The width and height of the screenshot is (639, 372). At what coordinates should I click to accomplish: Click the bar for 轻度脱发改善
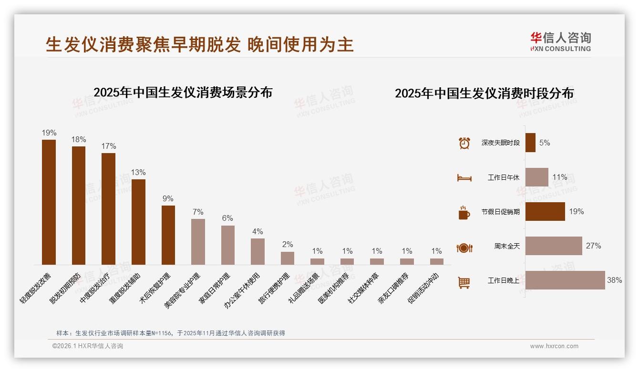coord(49,202)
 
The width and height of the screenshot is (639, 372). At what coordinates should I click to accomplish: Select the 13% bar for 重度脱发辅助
coord(138,222)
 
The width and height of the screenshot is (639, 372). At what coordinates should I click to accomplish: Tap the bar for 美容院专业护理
coord(198,242)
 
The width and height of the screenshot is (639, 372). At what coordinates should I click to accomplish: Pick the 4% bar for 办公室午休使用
coord(258,251)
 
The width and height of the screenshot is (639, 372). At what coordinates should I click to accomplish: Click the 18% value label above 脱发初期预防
coord(79,140)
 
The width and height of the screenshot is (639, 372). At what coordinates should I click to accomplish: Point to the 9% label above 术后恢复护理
coord(168,199)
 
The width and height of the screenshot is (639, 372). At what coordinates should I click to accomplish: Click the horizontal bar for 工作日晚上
coord(565,280)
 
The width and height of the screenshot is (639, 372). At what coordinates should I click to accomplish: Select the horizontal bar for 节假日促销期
coord(545,212)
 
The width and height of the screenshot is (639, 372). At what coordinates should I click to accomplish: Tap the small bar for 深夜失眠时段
coord(530,143)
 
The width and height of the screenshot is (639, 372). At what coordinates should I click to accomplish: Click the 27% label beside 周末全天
coord(593,246)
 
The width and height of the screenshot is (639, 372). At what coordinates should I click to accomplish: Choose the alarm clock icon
coord(464,143)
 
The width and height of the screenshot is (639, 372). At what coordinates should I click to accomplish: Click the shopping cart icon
coord(464,282)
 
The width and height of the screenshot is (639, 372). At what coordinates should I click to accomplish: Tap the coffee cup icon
coord(464,212)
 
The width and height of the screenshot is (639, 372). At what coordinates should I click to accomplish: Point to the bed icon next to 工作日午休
coord(464,178)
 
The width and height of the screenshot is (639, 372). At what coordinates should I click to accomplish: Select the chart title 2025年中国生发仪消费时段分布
coord(484,93)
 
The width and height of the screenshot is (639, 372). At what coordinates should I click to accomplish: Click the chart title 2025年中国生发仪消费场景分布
coord(183,93)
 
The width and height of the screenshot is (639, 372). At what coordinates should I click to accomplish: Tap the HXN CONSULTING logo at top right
coord(560,42)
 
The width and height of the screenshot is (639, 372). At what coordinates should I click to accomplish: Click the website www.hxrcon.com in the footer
coord(554,346)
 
